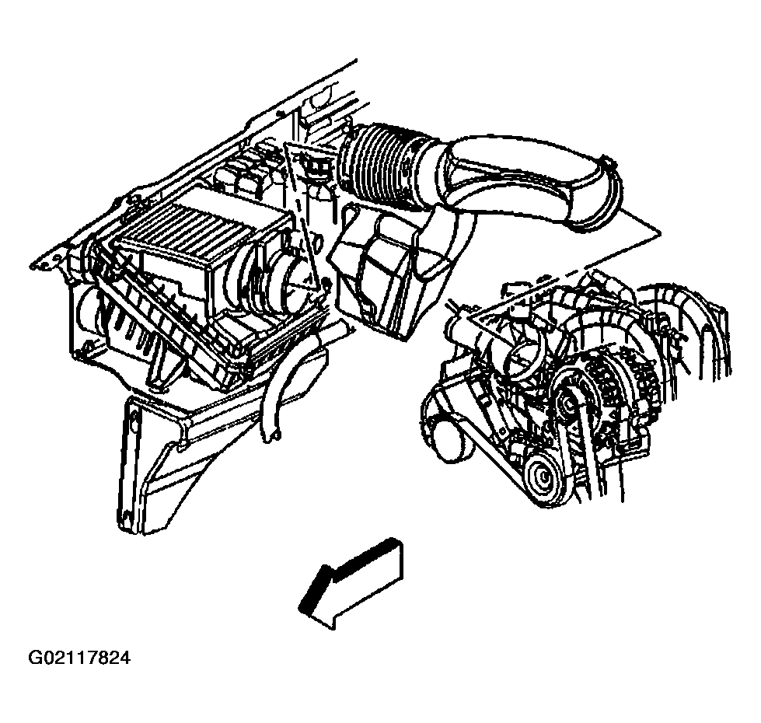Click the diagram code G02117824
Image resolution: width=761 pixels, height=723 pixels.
click(x=79, y=658)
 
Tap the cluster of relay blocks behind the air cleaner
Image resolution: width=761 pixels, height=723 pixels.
click(x=247, y=167)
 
